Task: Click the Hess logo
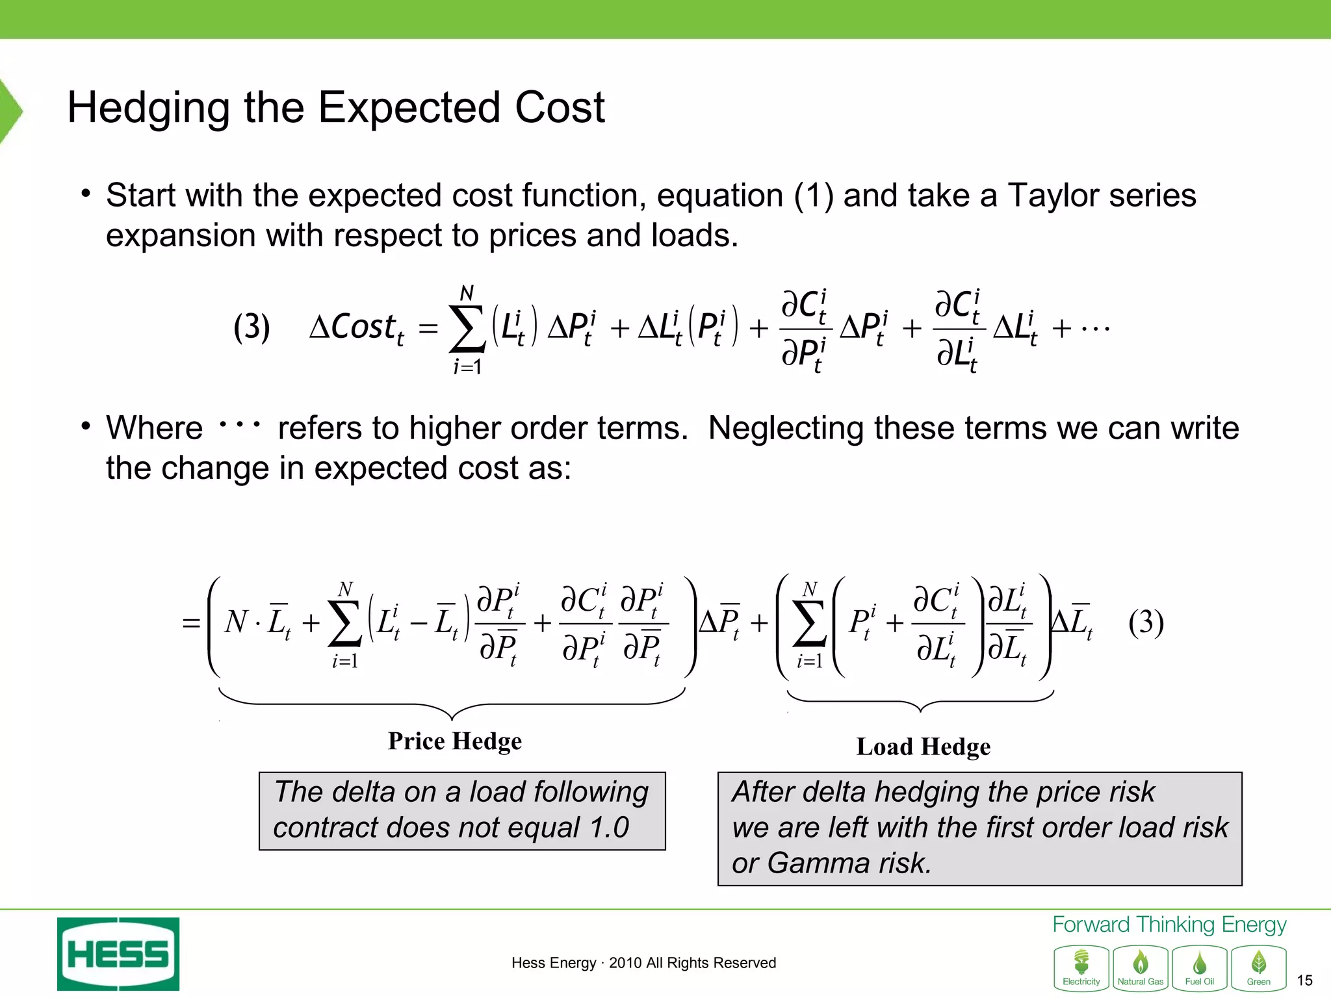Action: (118, 953)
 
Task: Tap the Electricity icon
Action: (1081, 967)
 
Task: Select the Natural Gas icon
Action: (1140, 967)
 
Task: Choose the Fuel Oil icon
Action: (1199, 967)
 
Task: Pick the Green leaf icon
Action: (1258, 967)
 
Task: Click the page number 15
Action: (1304, 980)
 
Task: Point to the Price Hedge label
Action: (454, 741)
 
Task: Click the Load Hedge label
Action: (923, 747)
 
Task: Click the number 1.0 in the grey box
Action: (609, 828)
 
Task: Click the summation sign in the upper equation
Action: (467, 329)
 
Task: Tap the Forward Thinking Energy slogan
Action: (1169, 925)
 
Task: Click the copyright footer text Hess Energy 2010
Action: (643, 963)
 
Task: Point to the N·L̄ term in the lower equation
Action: (257, 622)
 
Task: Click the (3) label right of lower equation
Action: (1146, 622)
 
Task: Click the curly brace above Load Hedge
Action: (920, 703)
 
